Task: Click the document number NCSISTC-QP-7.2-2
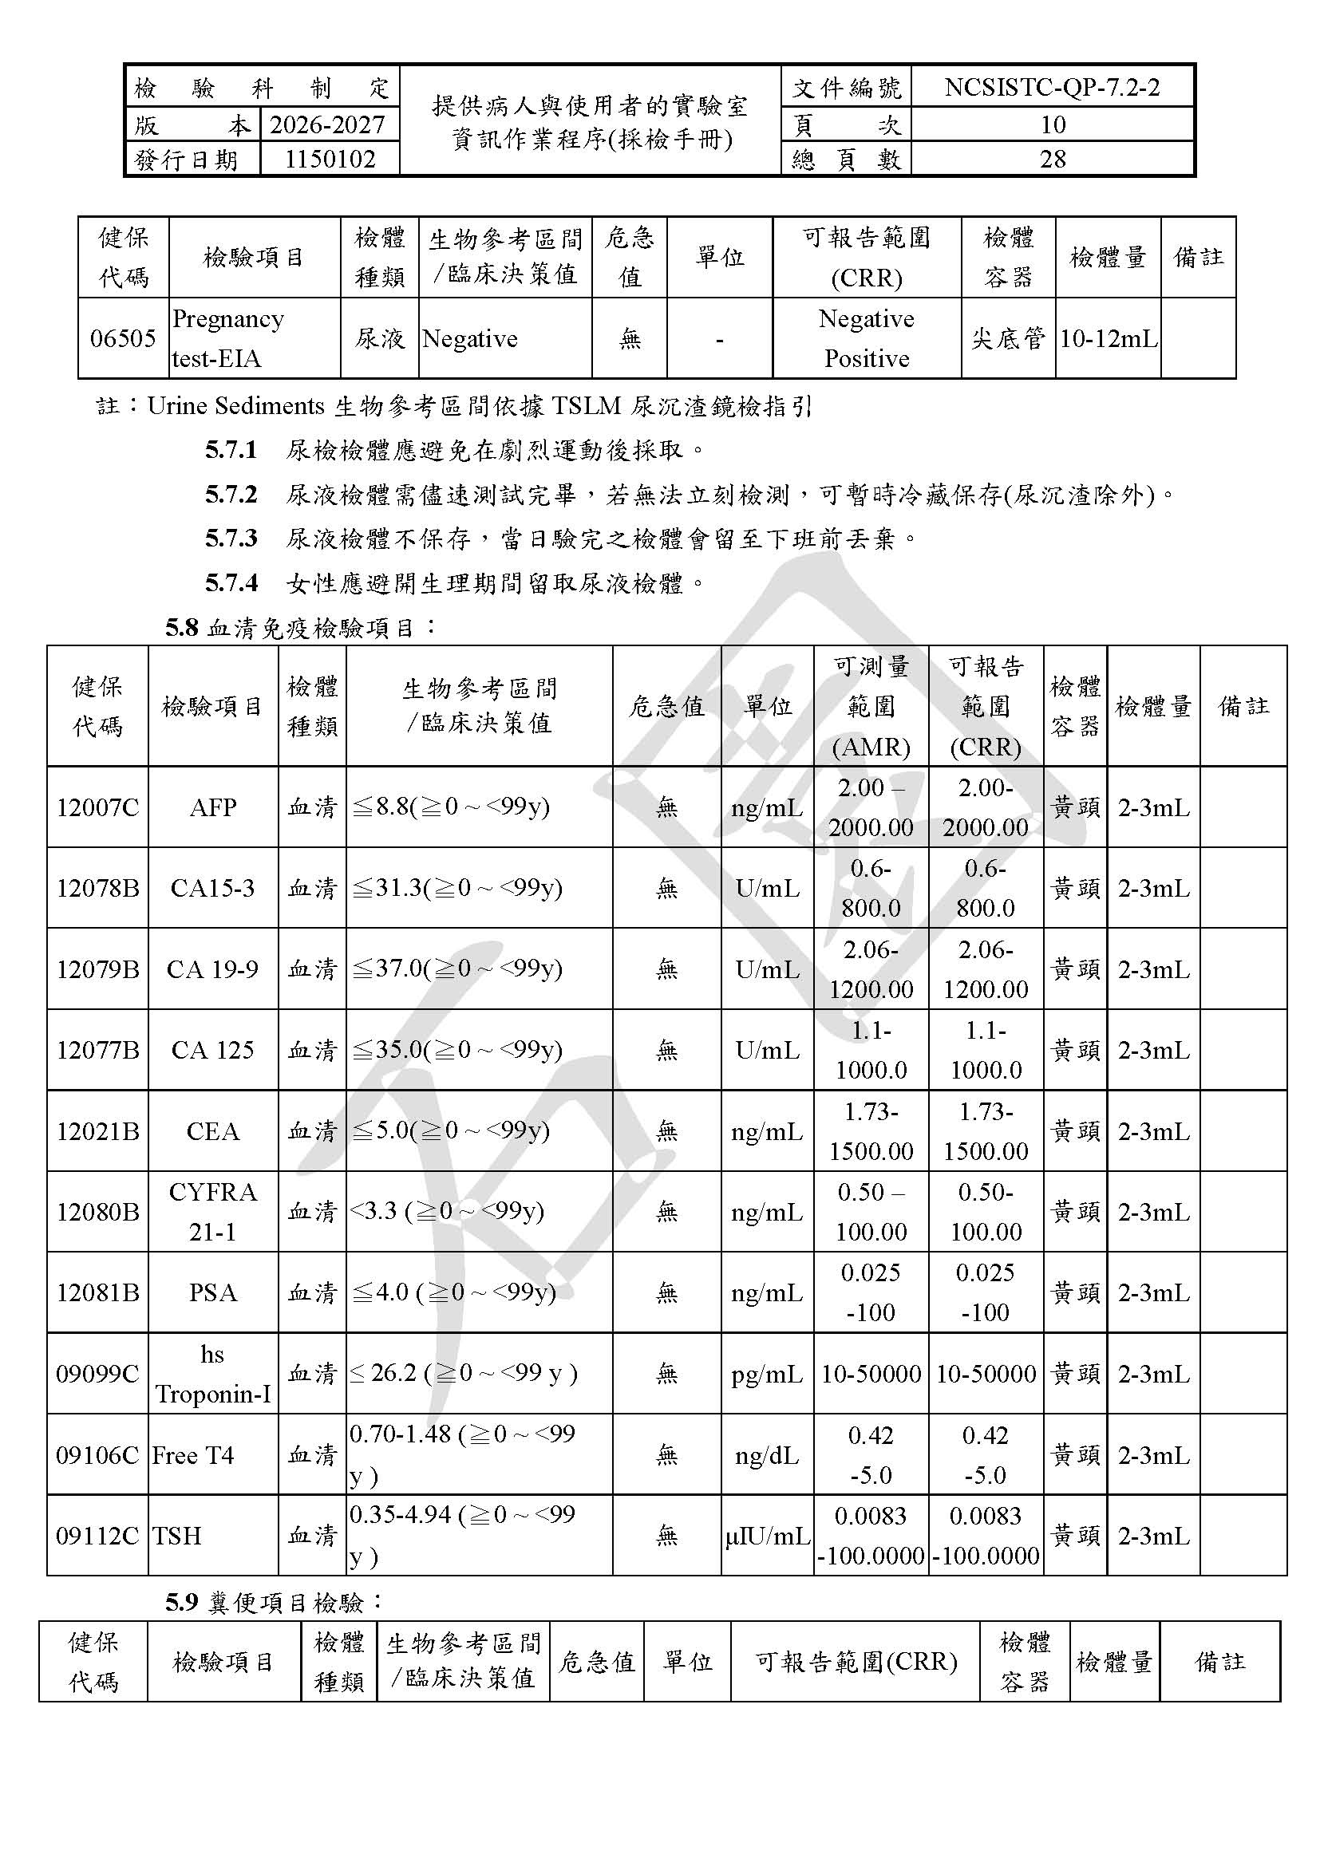click(1052, 87)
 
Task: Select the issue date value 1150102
click(329, 159)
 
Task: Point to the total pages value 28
click(1052, 159)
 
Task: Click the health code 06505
click(123, 338)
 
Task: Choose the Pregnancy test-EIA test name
click(228, 338)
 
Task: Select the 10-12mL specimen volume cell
click(1108, 339)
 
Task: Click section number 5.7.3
click(231, 538)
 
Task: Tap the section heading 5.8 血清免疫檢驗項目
click(301, 627)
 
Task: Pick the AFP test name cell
click(213, 807)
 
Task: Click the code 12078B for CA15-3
click(97, 888)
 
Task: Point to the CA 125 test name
click(213, 1050)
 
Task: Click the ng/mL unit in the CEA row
click(766, 1131)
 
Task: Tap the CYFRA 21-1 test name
click(213, 1212)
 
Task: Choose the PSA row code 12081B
click(97, 1292)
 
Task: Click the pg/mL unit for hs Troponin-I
click(766, 1375)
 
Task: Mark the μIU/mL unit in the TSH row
click(767, 1536)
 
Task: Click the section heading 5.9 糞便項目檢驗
click(274, 1602)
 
